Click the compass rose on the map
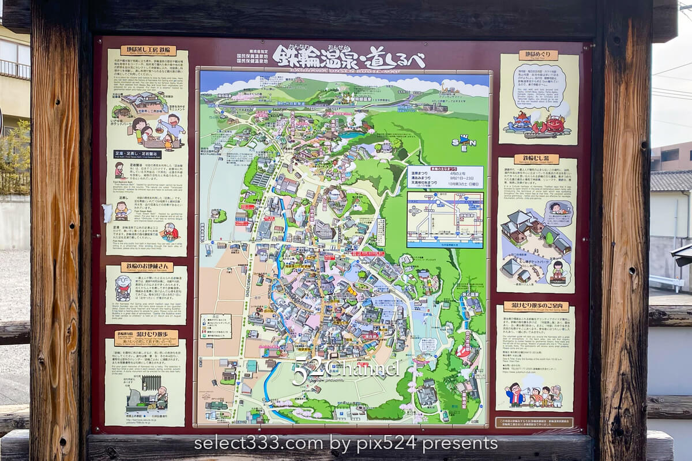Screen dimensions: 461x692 coord(464,141)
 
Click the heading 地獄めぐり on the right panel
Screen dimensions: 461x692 coord(538,55)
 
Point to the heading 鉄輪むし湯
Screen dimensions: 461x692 coord(536,159)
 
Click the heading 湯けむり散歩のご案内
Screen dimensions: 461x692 coord(536,307)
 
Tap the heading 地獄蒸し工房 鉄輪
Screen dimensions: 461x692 coord(148,51)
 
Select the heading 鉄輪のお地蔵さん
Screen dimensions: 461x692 coord(146,267)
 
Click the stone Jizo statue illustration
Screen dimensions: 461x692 coord(122,289)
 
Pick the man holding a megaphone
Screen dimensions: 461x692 coord(515,394)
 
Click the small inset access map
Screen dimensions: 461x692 coord(445,220)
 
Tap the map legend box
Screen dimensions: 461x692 coord(216,326)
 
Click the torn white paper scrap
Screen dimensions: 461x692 coord(107,213)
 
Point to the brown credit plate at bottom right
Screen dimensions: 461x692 coord(534,422)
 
